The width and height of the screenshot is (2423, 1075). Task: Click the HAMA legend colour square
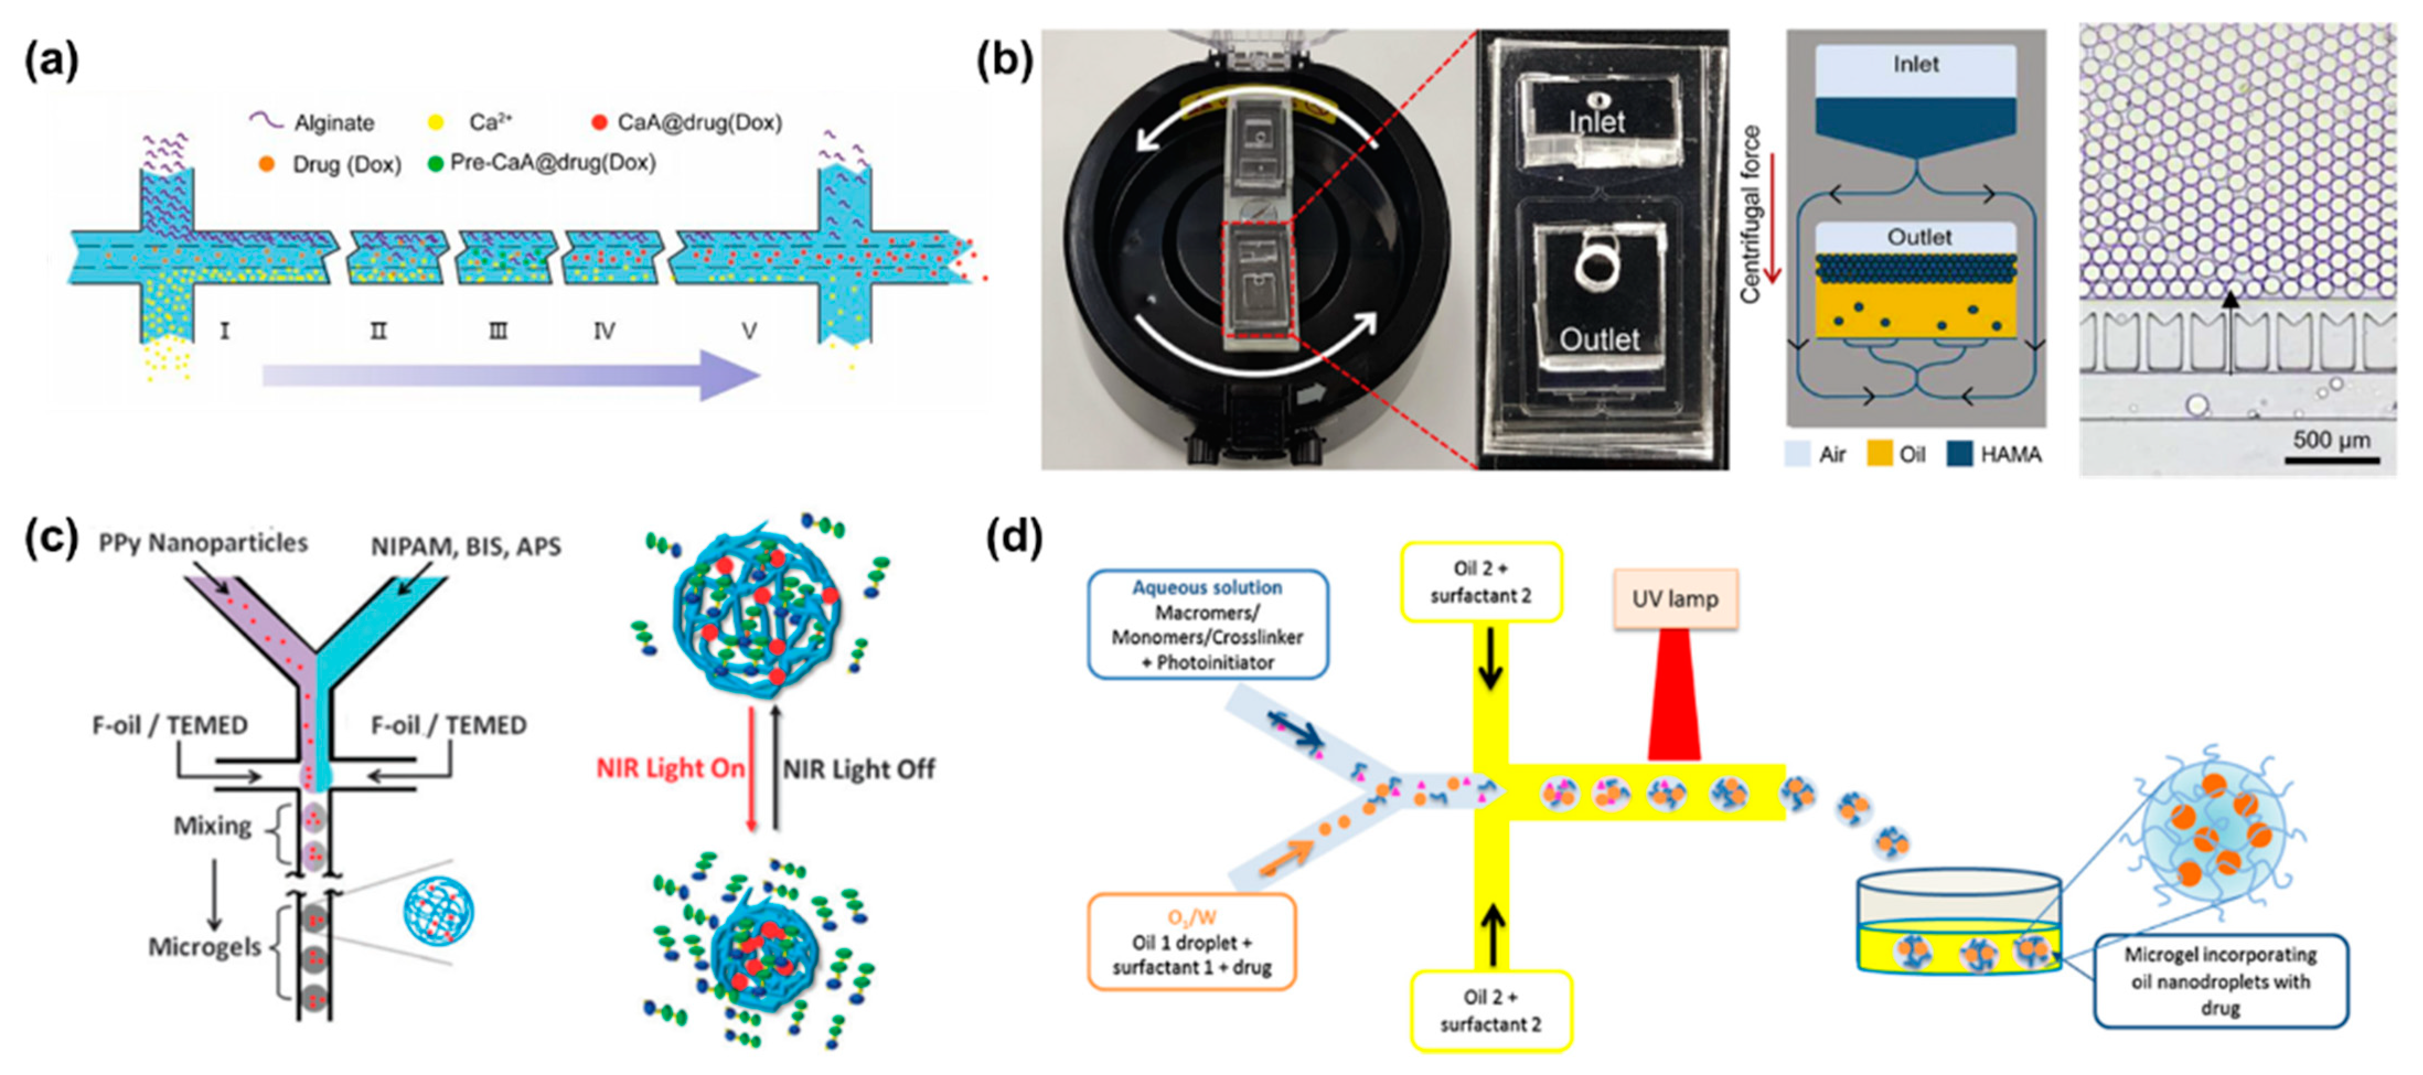point(1959,454)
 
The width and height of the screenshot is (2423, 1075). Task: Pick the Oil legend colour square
point(1879,454)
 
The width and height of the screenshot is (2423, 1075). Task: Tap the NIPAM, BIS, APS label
point(466,546)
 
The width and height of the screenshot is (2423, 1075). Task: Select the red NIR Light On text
point(670,768)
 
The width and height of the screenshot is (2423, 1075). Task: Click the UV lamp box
point(1675,599)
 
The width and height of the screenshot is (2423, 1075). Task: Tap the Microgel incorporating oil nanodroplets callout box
point(2220,981)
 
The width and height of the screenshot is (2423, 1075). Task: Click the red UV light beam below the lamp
point(1675,701)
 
